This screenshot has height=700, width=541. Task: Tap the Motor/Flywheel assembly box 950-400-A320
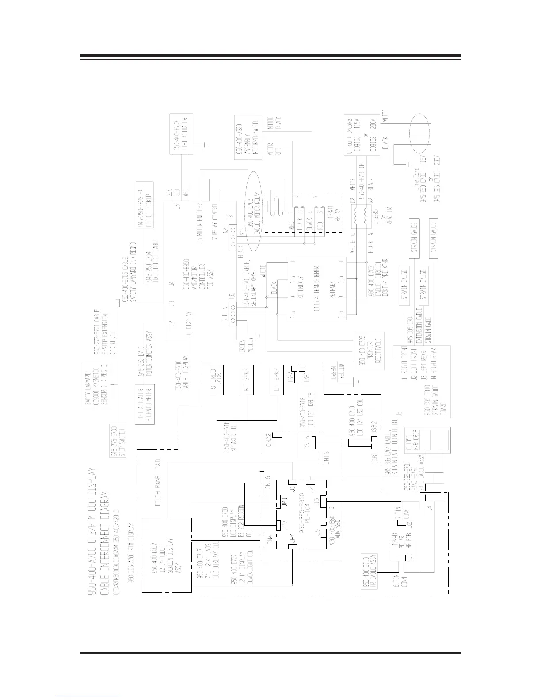[244, 137]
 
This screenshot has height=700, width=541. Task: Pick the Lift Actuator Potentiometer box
[144, 404]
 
